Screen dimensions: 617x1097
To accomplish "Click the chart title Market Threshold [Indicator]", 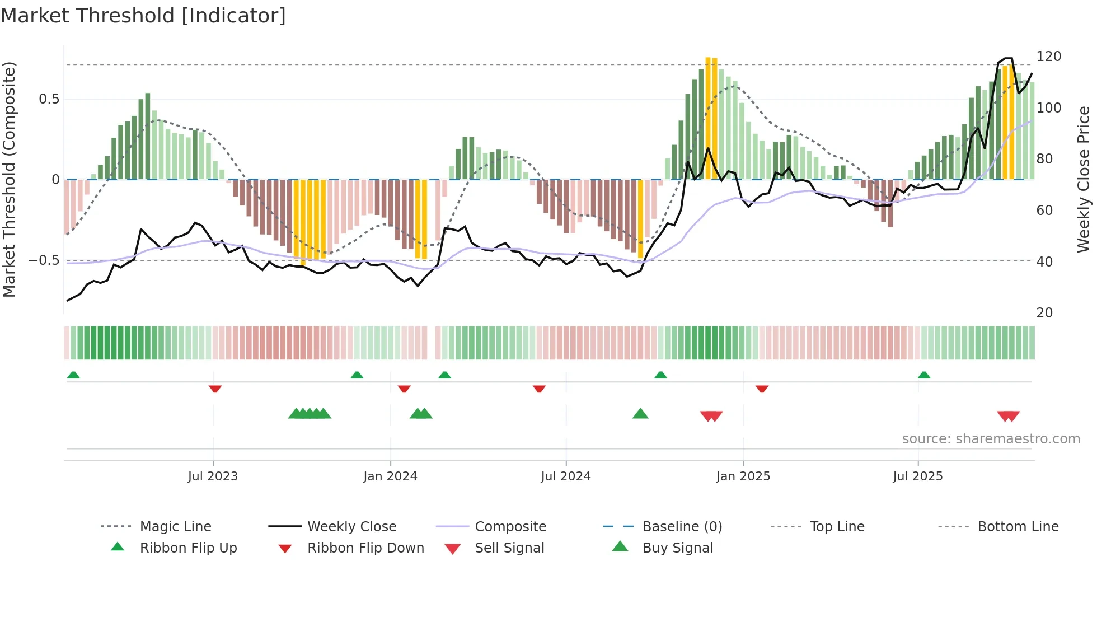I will pyautogui.click(x=143, y=16).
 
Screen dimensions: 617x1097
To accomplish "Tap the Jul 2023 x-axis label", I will pyautogui.click(x=213, y=476).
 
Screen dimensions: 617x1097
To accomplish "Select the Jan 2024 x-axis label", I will pyautogui.click(x=390, y=476).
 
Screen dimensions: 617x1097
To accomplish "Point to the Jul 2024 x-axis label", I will pyautogui.click(x=566, y=476).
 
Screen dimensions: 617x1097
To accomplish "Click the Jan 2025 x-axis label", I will pyautogui.click(x=743, y=476).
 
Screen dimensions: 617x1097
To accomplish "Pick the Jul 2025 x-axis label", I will pyautogui.click(x=918, y=476).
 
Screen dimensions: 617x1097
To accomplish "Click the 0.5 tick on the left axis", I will pyautogui.click(x=49, y=99).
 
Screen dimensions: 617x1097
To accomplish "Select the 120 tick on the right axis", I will pyautogui.click(x=1048, y=57).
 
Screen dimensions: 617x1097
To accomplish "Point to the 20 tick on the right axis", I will pyautogui.click(x=1044, y=313).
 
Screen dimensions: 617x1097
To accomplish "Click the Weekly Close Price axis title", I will pyautogui.click(x=1084, y=179).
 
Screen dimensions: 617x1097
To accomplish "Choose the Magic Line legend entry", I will pyautogui.click(x=175, y=527).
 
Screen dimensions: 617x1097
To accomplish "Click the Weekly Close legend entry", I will pyautogui.click(x=351, y=527).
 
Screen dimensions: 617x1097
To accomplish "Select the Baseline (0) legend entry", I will pyautogui.click(x=682, y=527).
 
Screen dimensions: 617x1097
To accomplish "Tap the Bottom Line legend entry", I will pyautogui.click(x=1018, y=527).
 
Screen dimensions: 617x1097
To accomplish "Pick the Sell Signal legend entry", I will pyautogui.click(x=509, y=548).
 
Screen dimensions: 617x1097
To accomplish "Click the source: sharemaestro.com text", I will pyautogui.click(x=991, y=439).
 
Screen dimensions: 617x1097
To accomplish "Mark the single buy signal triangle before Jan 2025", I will pyautogui.click(x=640, y=414).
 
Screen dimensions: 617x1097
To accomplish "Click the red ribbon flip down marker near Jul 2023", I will pyautogui.click(x=215, y=389).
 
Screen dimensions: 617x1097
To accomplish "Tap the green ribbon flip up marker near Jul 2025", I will pyautogui.click(x=924, y=375).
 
